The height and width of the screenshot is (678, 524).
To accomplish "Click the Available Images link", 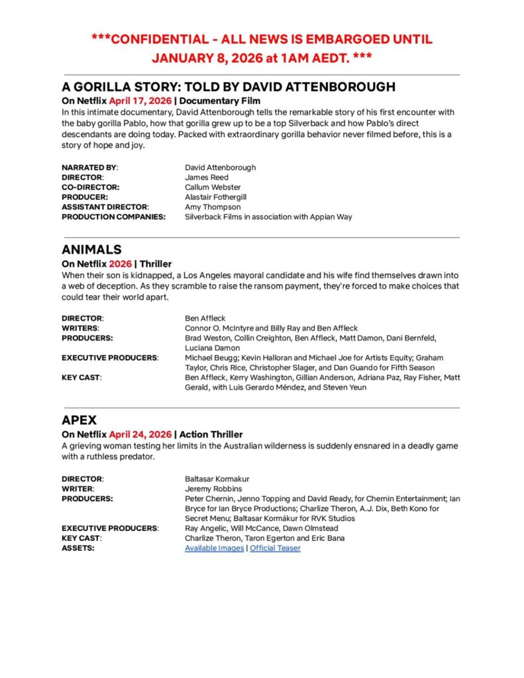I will coord(214,548).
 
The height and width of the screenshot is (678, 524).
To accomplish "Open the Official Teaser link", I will coord(275,548).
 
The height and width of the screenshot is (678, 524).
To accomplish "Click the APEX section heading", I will coord(79,420).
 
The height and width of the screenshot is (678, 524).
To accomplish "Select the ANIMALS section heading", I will coord(91,249).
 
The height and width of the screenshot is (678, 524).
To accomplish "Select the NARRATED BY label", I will coord(89,168).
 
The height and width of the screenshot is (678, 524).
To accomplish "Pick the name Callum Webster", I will coord(213,187).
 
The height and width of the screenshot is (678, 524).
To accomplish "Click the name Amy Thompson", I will coord(213,207).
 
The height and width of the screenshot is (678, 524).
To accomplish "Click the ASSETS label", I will coord(78,548).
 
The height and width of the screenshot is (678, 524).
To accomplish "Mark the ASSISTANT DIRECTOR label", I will coord(105,207).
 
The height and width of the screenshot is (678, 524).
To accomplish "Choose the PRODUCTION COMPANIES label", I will coord(113,217).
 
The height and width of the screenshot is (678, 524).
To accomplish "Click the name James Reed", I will coord(206,177).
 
